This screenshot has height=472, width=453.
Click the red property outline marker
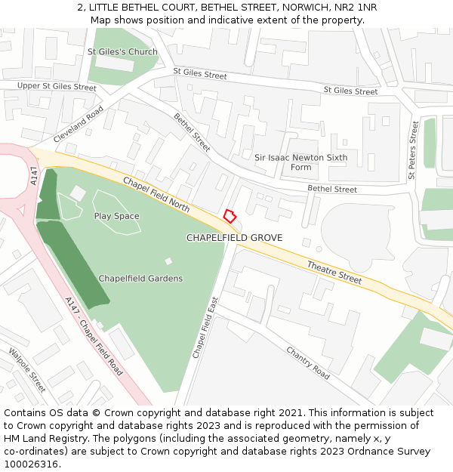[230, 216]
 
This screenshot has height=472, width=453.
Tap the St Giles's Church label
[122, 52]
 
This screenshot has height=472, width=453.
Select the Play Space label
[116, 216]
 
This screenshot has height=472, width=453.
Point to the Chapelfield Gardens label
[140, 279]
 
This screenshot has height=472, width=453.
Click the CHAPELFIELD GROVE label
[234, 238]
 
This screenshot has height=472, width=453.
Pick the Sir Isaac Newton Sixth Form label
[300, 162]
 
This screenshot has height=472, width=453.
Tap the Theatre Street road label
[334, 272]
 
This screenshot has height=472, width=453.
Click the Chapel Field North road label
[156, 193]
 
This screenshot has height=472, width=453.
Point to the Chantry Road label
[308, 362]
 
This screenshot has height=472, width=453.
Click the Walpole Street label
[26, 370]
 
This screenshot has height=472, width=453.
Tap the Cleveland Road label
[79, 125]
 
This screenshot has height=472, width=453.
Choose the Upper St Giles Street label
[57, 87]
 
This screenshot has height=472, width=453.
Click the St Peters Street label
[413, 150]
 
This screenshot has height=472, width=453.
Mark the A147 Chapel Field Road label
[94, 337]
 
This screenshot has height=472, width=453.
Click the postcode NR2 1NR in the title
[355, 8]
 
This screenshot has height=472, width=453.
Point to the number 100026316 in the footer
[30, 464]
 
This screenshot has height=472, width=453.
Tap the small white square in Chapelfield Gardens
[168, 261]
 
